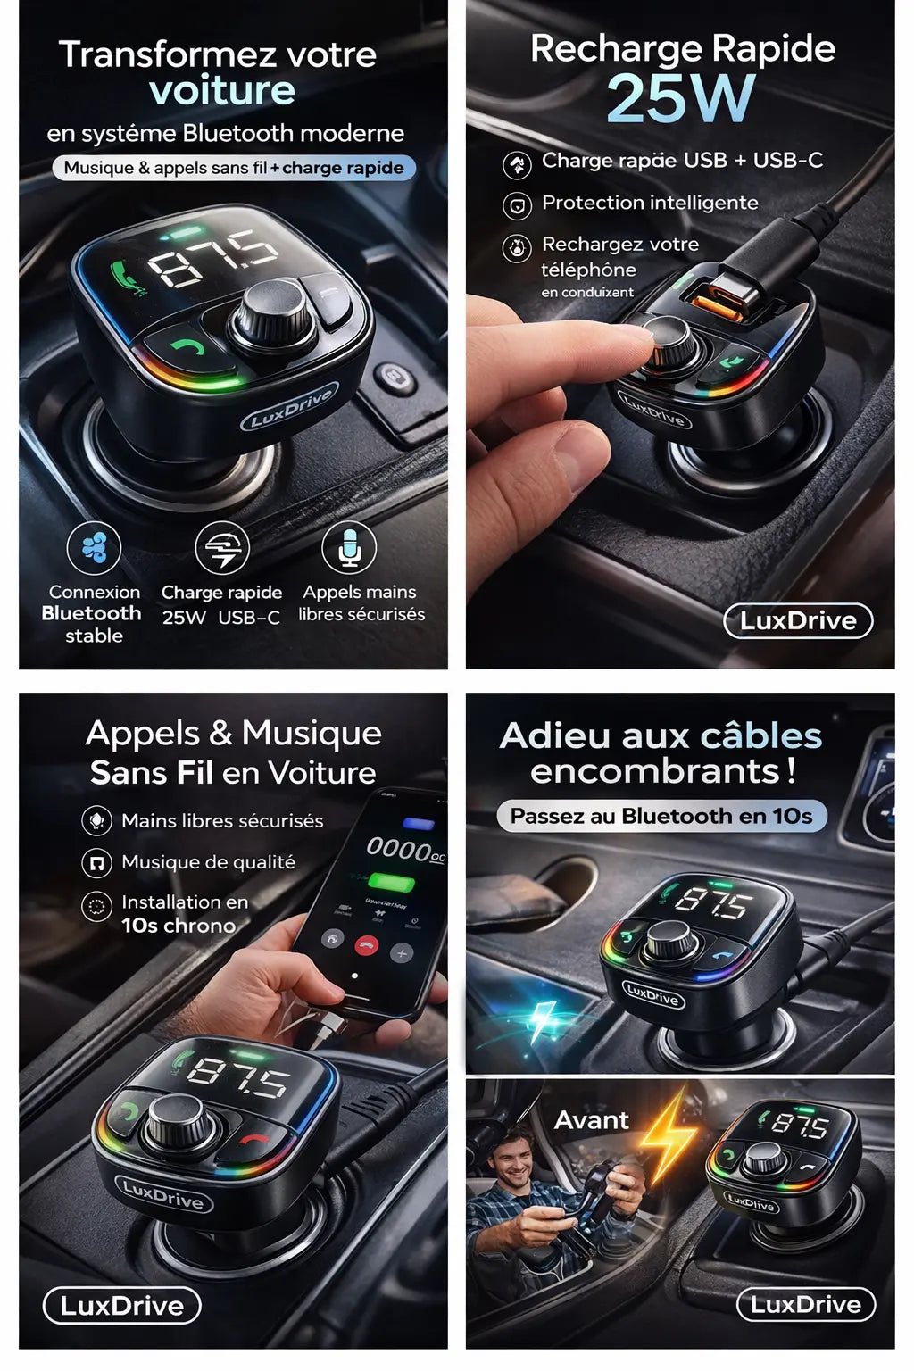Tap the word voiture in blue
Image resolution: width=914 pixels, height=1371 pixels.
[222, 90]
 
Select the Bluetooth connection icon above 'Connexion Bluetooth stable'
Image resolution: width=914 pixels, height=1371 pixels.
[94, 548]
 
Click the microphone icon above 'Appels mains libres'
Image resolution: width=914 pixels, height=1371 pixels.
[349, 547]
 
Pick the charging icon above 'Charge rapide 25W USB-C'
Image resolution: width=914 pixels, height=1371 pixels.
[222, 548]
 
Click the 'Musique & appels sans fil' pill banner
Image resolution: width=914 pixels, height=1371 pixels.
[234, 168]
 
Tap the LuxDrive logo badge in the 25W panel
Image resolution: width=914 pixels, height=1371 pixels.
[798, 620]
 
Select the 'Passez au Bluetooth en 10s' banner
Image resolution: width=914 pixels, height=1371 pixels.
[661, 816]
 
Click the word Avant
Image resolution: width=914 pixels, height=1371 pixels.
[591, 1120]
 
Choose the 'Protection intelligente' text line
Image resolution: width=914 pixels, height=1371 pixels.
[650, 203]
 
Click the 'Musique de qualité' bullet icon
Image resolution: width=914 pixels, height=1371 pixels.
[96, 862]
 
